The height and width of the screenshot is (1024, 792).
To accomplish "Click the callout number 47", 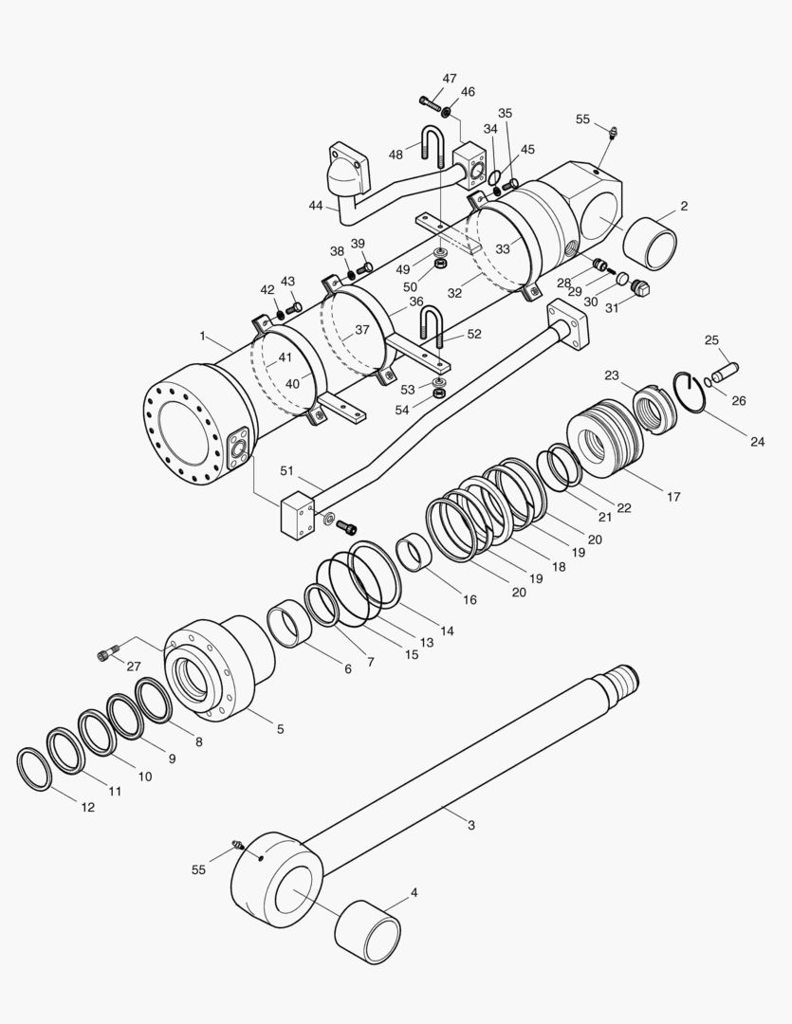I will pyautogui.click(x=450, y=78).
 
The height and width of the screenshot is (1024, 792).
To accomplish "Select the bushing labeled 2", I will pyautogui.click(x=650, y=244).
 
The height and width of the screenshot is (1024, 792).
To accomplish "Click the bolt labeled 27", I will pyautogui.click(x=105, y=654).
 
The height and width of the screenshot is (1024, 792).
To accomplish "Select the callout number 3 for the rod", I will pyautogui.click(x=471, y=826).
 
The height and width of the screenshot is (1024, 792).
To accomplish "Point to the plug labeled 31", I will pyautogui.click(x=638, y=288).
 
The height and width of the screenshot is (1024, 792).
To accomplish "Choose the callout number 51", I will pyautogui.click(x=287, y=471).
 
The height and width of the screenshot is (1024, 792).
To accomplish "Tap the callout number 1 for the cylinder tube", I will pyautogui.click(x=202, y=336).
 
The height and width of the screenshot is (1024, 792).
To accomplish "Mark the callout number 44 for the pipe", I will pyautogui.click(x=316, y=206).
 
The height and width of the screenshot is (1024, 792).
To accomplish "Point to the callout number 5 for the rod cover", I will pyautogui.click(x=280, y=729).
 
